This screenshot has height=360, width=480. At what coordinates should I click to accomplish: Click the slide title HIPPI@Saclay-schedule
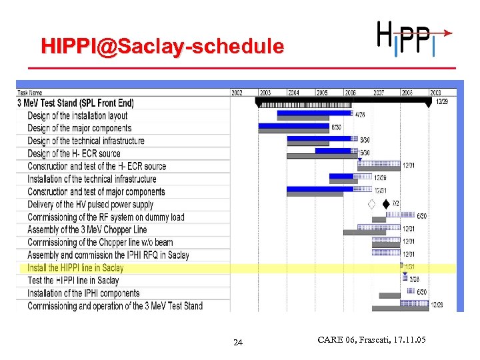tap(162, 47)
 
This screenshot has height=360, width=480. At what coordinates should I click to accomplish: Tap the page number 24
tap(238, 343)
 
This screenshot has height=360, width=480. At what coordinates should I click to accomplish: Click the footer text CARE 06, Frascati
tap(371, 341)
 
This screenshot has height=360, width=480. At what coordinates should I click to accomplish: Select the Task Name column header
tap(30, 93)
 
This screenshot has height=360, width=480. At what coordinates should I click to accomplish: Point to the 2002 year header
tap(238, 93)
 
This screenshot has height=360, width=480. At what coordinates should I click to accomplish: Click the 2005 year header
tap(322, 93)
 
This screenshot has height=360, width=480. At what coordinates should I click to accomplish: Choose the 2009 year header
tap(435, 93)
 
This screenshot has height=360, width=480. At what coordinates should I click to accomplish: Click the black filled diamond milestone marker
tap(385, 204)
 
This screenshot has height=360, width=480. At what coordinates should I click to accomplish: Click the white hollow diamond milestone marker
tap(371, 204)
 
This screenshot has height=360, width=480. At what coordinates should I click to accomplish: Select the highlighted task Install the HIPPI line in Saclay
tap(75, 268)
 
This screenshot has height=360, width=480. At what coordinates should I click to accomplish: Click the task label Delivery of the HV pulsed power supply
tap(90, 205)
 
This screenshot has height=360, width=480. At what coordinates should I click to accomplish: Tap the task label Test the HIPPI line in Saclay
tap(73, 281)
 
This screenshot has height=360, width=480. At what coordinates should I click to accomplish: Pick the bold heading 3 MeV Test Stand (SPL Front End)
tap(75, 103)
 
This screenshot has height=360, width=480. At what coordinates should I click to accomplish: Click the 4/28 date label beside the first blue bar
tap(360, 115)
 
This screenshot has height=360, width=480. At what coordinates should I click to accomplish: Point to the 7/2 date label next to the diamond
tap(395, 203)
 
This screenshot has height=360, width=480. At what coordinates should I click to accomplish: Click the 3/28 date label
tap(414, 279)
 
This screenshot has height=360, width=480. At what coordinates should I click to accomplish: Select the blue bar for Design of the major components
tap(293, 125)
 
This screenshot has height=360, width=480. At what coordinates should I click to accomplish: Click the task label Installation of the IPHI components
tap(83, 293)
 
